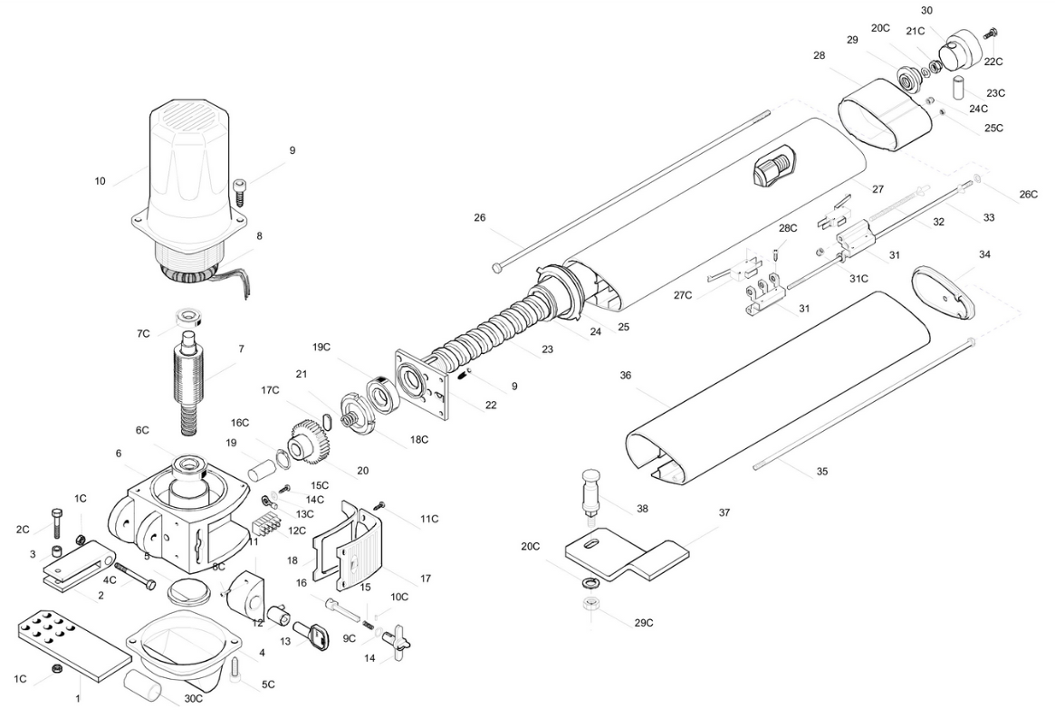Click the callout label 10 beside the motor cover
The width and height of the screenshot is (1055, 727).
[100, 181]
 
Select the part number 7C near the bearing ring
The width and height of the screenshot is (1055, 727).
[143, 333]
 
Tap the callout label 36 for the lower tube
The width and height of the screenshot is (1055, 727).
[626, 375]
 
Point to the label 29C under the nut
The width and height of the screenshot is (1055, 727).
[644, 623]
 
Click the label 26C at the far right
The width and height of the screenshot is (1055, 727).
[1029, 195]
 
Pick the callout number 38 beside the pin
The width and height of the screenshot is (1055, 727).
[643, 509]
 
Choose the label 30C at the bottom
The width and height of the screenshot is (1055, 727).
[193, 698]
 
